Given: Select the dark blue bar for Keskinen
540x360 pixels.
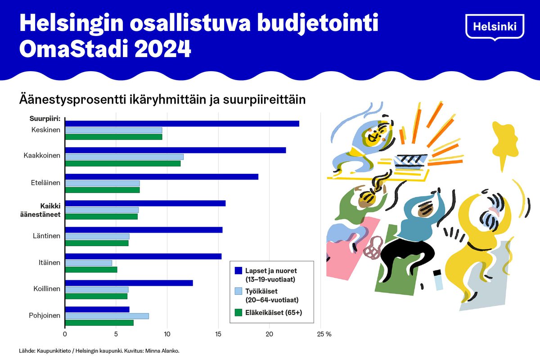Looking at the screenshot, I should click(182, 124).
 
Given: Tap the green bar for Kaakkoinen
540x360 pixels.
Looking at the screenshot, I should click(123, 163).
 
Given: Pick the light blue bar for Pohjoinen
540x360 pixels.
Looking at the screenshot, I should click(107, 316).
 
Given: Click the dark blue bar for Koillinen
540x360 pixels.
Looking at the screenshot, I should click(129, 283).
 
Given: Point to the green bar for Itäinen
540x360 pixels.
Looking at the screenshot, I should click(91, 270).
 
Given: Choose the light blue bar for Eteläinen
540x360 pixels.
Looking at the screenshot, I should click(102, 183).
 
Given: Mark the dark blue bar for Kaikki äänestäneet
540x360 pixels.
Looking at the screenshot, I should click(145, 203).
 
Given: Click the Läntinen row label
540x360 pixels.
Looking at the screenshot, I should click(47, 235).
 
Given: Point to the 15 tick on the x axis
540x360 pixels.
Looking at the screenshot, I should click(218, 334).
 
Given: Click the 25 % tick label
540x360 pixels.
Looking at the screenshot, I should click(324, 334).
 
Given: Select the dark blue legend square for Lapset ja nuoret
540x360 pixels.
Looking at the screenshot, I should click(238, 270).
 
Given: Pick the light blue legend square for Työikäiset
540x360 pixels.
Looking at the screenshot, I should click(238, 292).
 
